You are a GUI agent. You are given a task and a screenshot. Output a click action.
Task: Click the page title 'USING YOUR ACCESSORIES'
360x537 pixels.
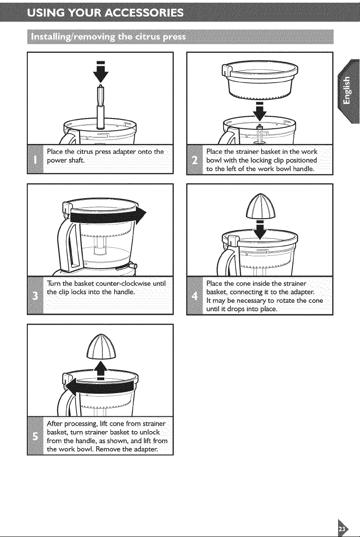coord(106,13)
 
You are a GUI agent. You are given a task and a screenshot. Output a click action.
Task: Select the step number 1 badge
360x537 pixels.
coord(35,159)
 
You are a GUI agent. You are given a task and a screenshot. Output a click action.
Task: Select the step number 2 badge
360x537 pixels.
coord(195,160)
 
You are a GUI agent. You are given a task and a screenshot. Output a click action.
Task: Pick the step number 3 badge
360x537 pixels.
coord(35,296)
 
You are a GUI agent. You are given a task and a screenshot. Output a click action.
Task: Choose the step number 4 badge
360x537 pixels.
coord(195,296)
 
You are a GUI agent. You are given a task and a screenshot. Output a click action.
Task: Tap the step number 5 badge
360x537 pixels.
coord(35,436)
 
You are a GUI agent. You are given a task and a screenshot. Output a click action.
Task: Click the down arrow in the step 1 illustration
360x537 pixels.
coord(101,72)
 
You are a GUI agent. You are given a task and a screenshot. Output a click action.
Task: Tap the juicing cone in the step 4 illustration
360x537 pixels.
coord(260,207)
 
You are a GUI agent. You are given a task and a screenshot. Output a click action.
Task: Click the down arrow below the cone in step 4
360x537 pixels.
coord(260,231)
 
